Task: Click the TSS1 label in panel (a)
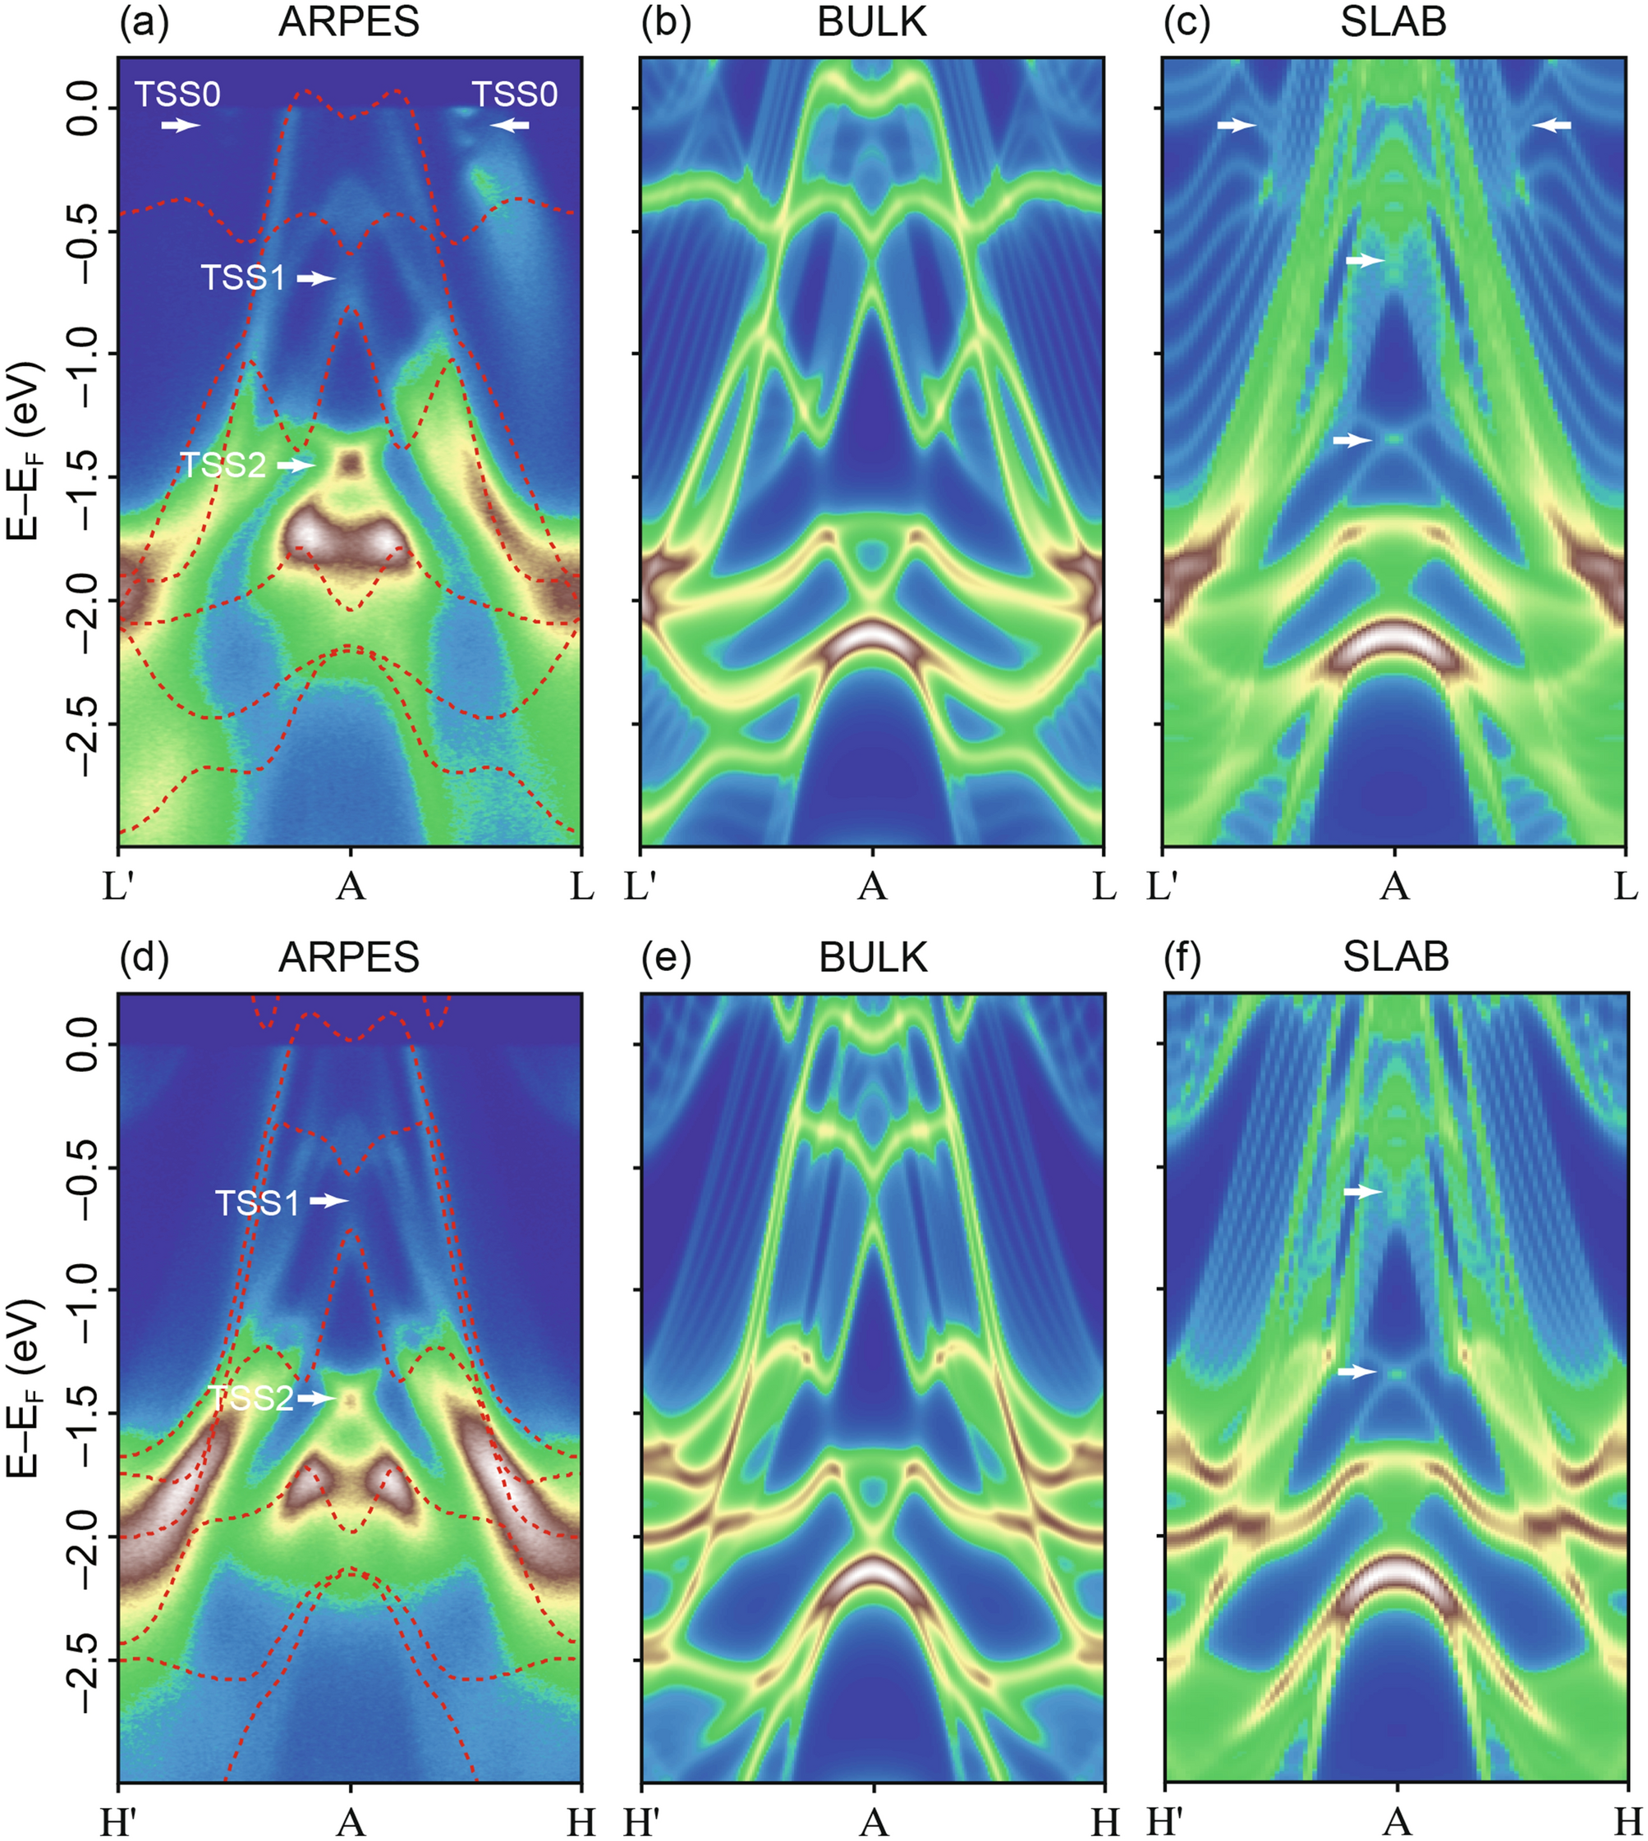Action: tap(243, 278)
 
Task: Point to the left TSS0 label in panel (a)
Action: tap(178, 94)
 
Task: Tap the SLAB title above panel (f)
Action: tap(1395, 957)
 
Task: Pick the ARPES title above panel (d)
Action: tap(349, 957)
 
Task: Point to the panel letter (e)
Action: tap(666, 957)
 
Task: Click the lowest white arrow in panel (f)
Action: tap(1357, 1372)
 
